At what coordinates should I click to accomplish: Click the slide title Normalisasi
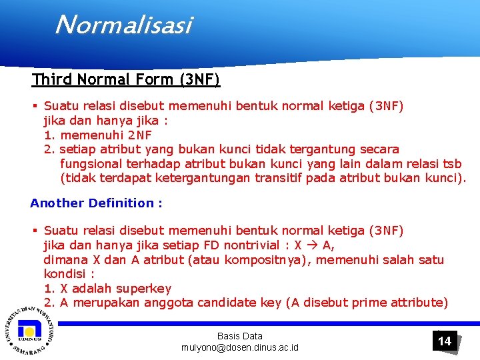click(x=123, y=25)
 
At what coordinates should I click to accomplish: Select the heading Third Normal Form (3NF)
click(x=126, y=80)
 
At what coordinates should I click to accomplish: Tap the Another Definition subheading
click(x=96, y=203)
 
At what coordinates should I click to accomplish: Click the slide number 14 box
click(x=444, y=341)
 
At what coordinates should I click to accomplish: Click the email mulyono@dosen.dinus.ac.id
click(x=240, y=348)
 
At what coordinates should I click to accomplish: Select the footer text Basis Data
click(x=240, y=336)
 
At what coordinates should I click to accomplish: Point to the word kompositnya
click(x=267, y=260)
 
